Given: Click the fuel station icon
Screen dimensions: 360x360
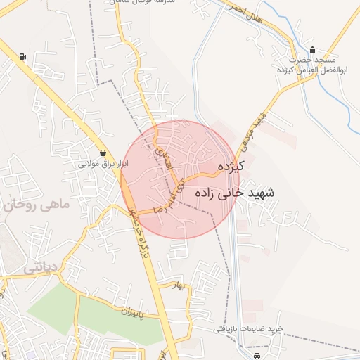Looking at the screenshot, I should (25, 57).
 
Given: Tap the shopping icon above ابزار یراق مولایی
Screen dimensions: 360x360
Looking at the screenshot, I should (103, 153).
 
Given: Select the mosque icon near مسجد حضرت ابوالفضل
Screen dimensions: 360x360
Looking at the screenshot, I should (312, 50).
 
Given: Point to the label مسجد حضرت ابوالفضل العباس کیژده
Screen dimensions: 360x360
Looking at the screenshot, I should (309, 65).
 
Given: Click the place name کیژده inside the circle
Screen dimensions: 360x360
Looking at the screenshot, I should (230, 167).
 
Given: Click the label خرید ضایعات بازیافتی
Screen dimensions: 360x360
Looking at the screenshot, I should (249, 329).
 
